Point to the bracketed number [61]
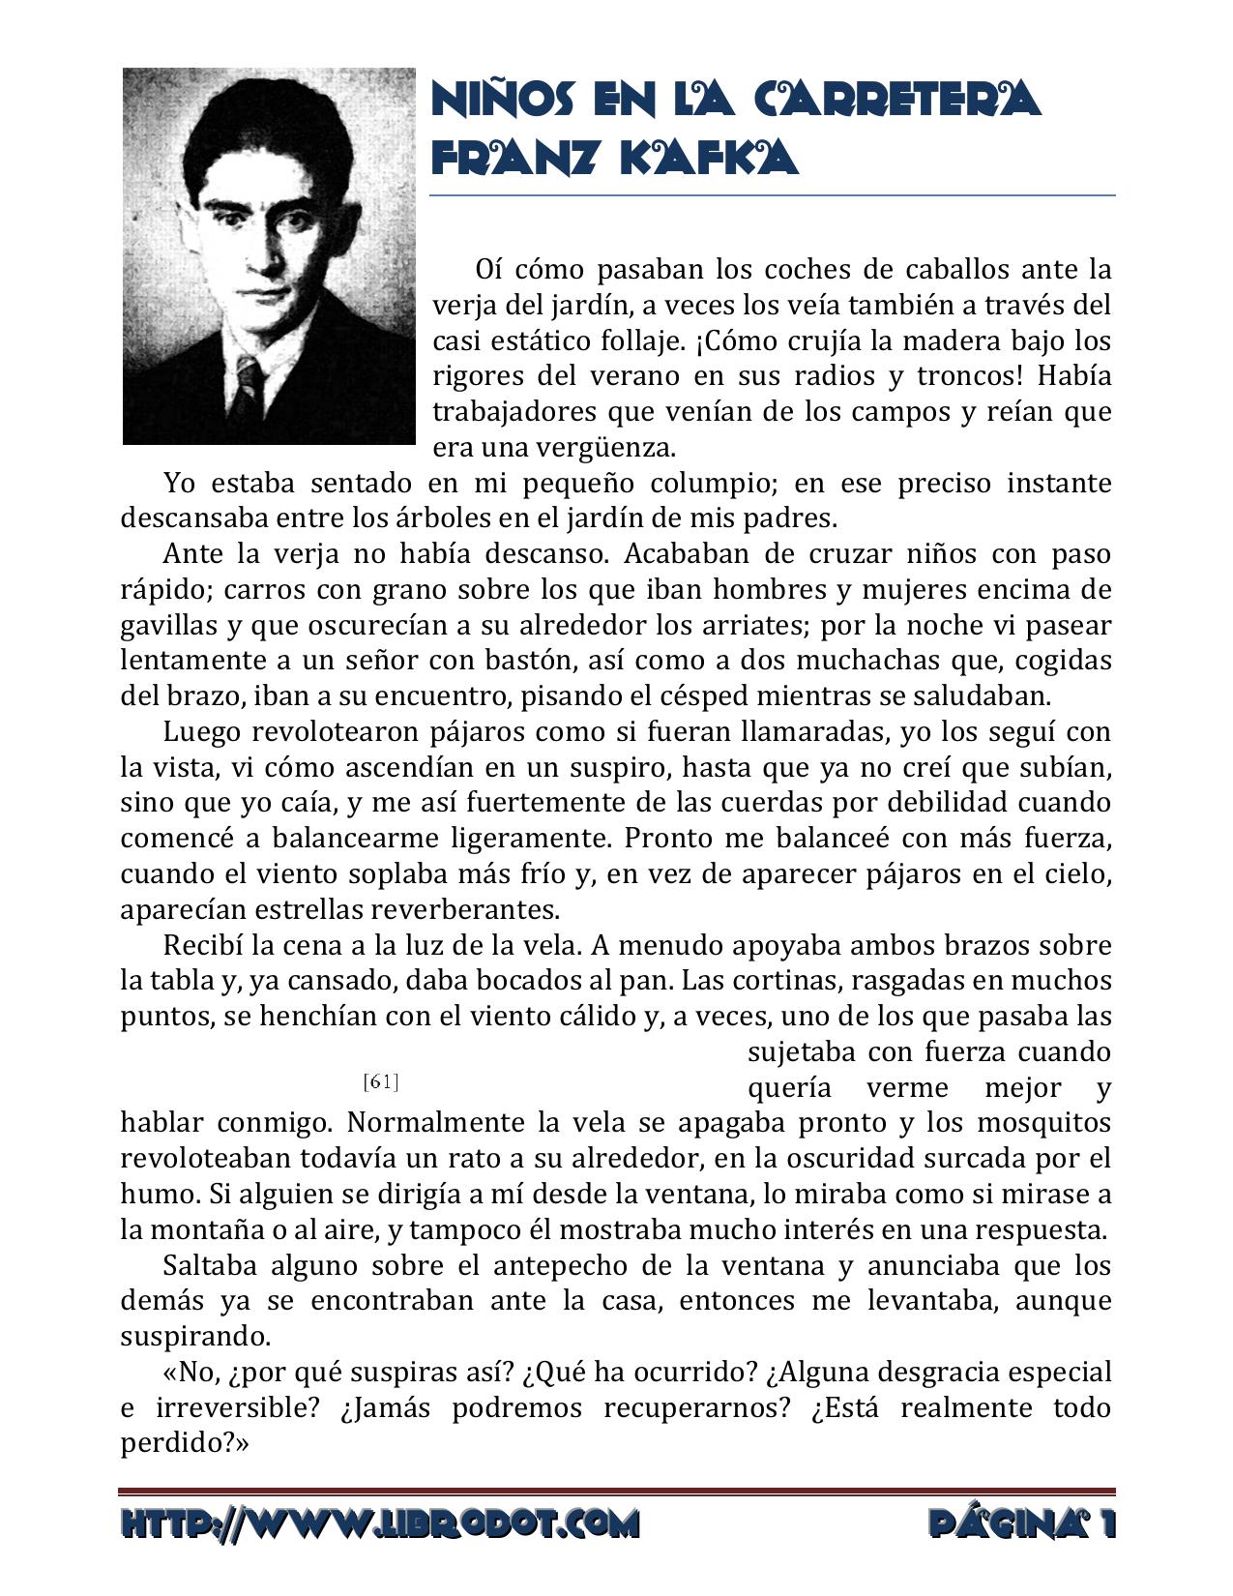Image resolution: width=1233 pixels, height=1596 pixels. (x=381, y=1081)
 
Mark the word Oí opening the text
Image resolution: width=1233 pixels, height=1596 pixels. (x=488, y=269)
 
